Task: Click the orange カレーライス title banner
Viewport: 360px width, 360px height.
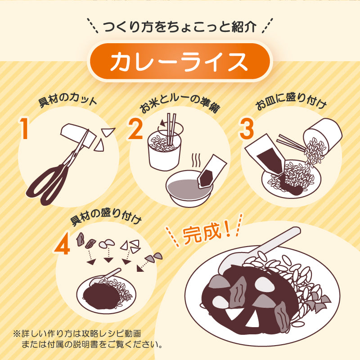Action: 180,62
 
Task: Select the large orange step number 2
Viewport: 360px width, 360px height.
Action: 135,128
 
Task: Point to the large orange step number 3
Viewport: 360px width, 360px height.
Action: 247,128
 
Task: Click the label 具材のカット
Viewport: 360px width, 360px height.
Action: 67,100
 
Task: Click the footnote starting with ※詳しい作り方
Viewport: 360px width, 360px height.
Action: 88,340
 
